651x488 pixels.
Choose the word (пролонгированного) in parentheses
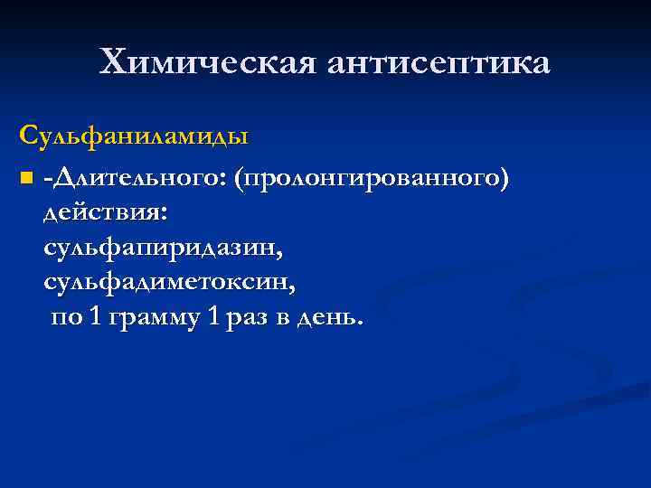370,177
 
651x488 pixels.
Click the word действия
101,211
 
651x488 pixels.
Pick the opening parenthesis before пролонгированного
238,177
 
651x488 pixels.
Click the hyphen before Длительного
46,178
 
